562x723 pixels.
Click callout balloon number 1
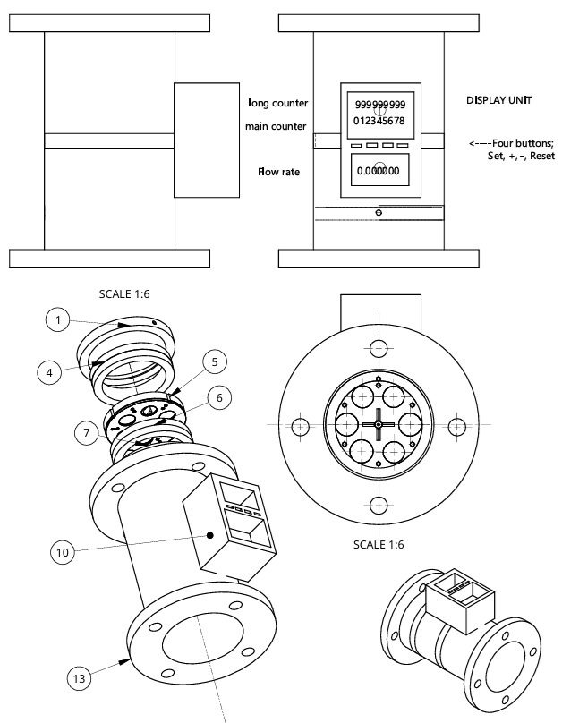click(57, 319)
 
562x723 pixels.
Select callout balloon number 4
click(50, 370)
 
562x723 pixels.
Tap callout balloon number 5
click(214, 362)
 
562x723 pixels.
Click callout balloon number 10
click(63, 552)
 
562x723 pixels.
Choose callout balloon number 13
click(80, 679)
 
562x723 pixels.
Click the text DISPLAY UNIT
click(498, 100)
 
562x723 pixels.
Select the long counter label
click(277, 104)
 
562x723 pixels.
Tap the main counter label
click(276, 126)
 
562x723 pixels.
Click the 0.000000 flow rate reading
click(378, 170)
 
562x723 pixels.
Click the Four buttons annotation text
click(511, 149)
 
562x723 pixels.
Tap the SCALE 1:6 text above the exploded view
click(126, 293)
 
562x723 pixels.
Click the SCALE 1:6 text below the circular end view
click(379, 543)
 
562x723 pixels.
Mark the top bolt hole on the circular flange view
click(379, 347)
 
